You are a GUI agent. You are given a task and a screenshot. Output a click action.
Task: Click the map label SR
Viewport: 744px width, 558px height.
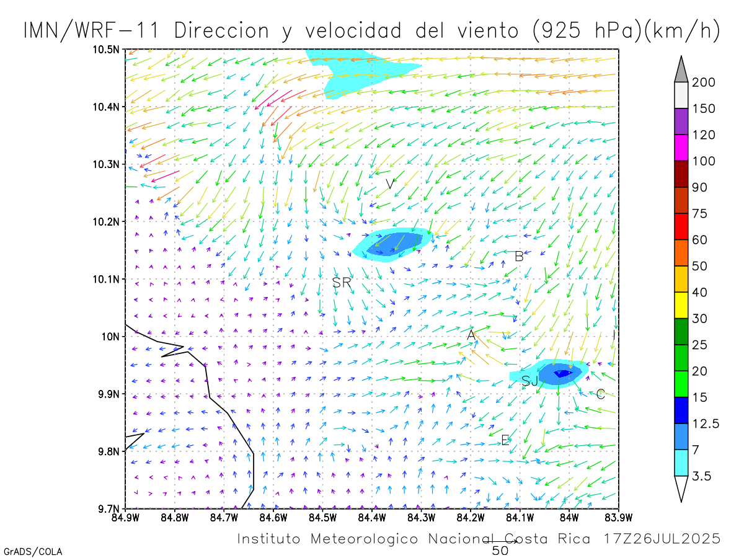tap(342, 283)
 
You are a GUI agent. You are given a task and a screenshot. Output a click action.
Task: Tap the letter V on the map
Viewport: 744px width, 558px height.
tap(390, 184)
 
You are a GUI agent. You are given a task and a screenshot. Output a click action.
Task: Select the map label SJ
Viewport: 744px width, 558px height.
tap(530, 381)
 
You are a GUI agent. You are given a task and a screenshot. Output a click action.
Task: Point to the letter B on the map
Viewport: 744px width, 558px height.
tap(519, 256)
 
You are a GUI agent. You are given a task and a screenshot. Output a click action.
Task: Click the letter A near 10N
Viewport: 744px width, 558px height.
tap(471, 335)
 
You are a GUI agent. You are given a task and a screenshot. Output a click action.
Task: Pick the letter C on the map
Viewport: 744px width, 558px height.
tap(600, 394)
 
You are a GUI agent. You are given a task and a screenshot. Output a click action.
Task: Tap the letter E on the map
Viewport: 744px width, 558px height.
tap(505, 440)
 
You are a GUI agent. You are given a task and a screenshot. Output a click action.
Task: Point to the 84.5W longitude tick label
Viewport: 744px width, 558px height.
tap(322, 516)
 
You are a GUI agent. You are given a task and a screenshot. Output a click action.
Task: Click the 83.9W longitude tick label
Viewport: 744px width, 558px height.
tap(618, 516)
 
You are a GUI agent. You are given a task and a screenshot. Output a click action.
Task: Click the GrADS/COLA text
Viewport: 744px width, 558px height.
tap(33, 551)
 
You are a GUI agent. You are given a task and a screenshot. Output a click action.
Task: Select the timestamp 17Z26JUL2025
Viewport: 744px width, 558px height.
tap(662, 538)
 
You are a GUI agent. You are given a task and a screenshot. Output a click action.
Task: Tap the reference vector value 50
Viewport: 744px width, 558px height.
tap(500, 550)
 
